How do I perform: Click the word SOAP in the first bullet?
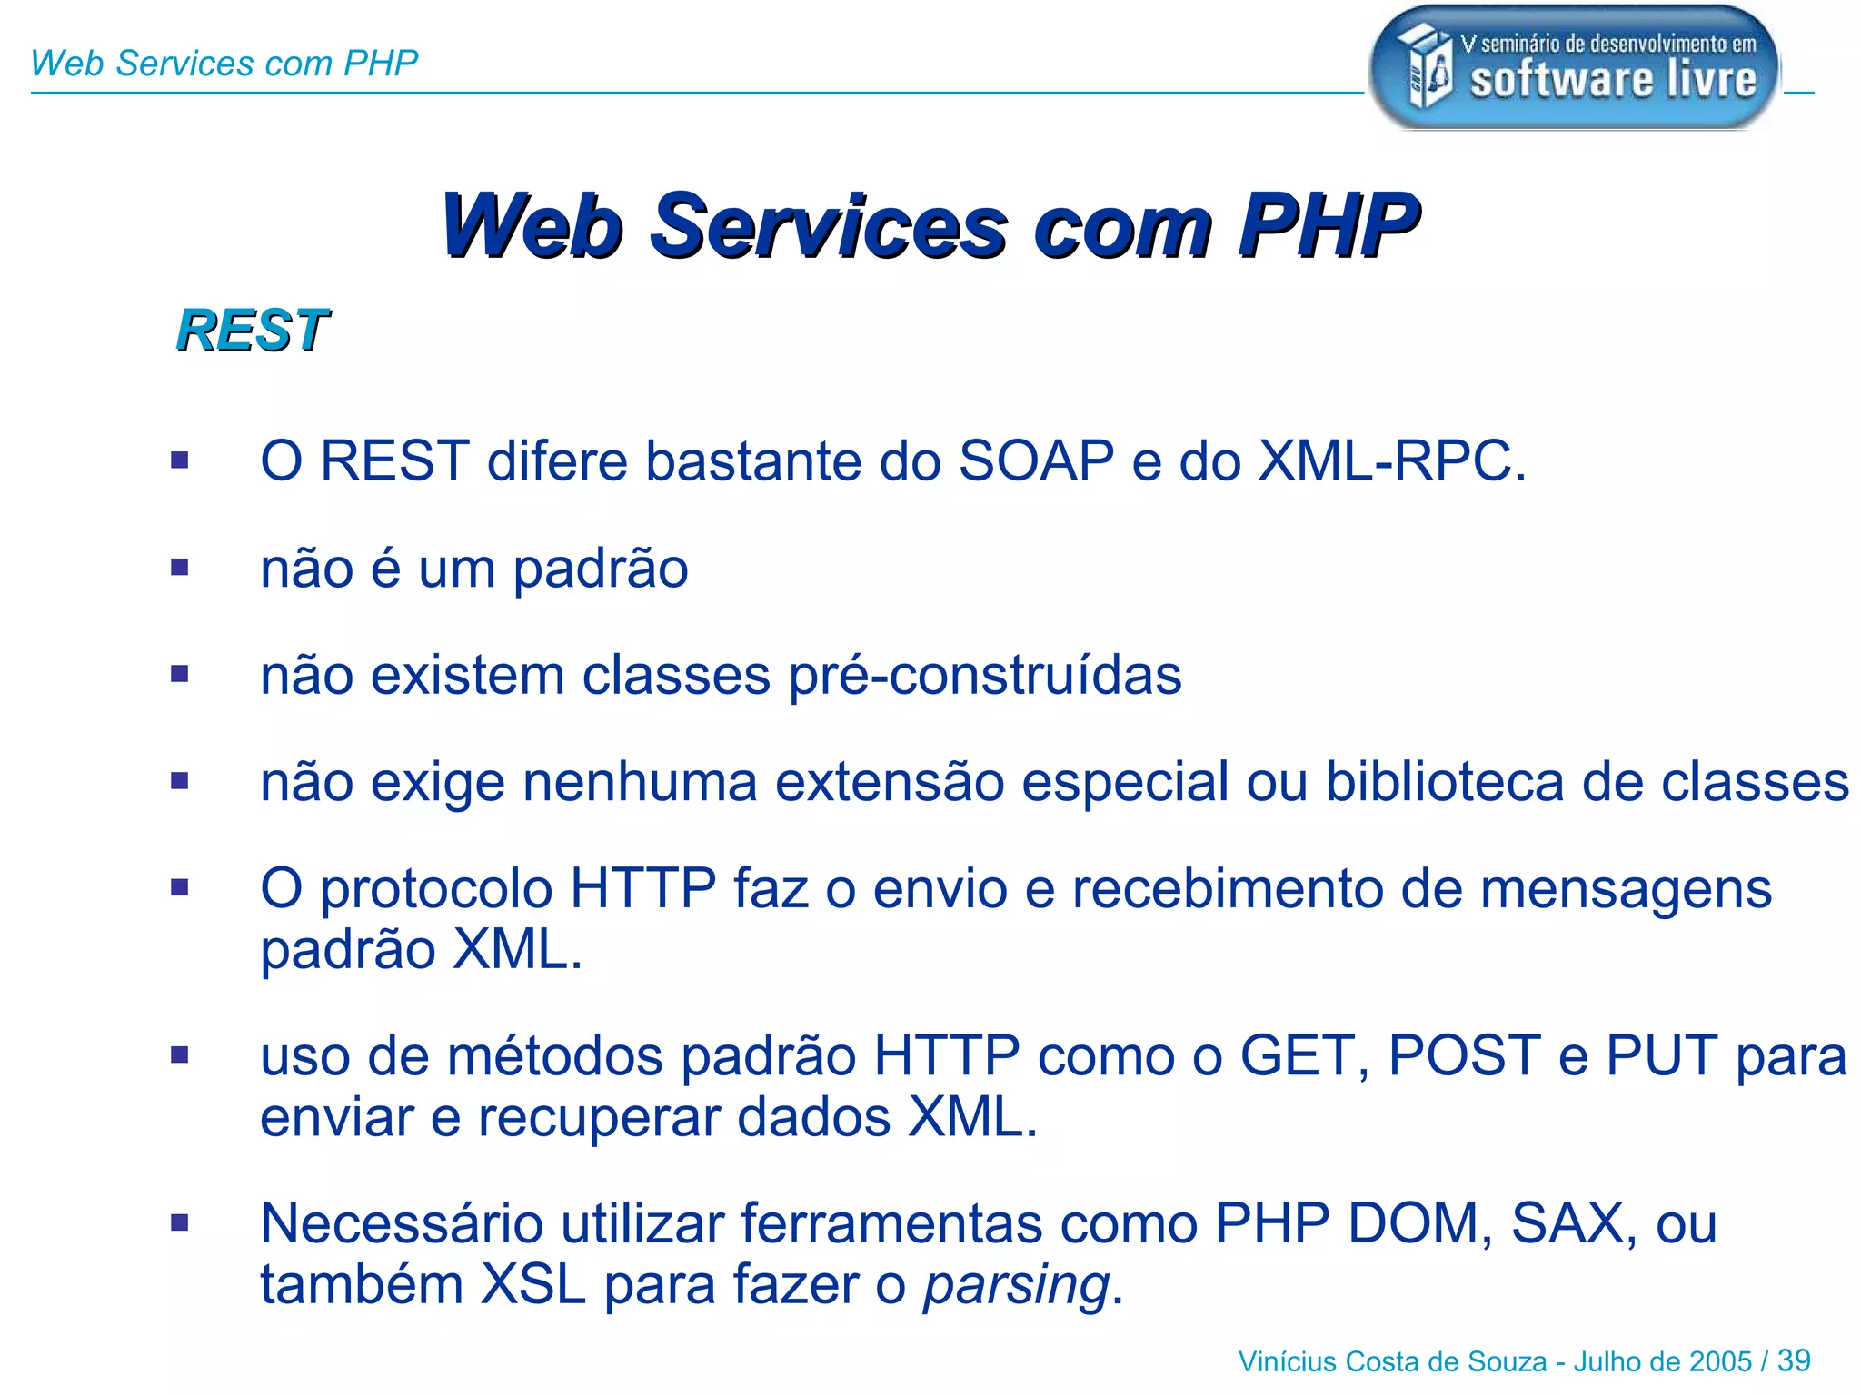[x=1036, y=460]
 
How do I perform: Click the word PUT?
[x=1662, y=1056]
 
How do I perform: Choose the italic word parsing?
[x=1017, y=1286]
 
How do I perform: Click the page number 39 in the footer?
[x=1794, y=1360]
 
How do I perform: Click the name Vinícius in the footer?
[x=1287, y=1361]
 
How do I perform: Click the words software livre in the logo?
[x=1614, y=80]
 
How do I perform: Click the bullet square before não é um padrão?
[x=180, y=568]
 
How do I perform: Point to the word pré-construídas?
[x=985, y=676]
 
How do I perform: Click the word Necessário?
[x=402, y=1223]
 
